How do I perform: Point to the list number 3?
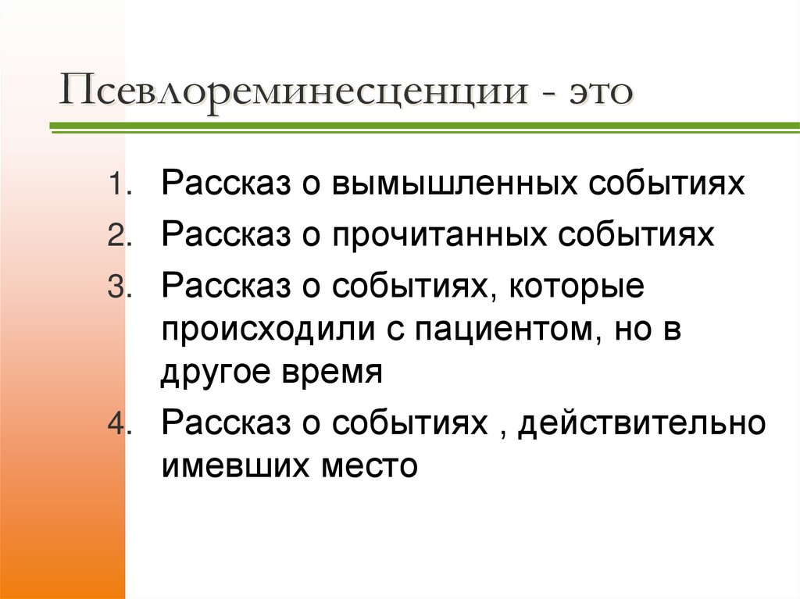coord(118,289)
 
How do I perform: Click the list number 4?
coord(118,426)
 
